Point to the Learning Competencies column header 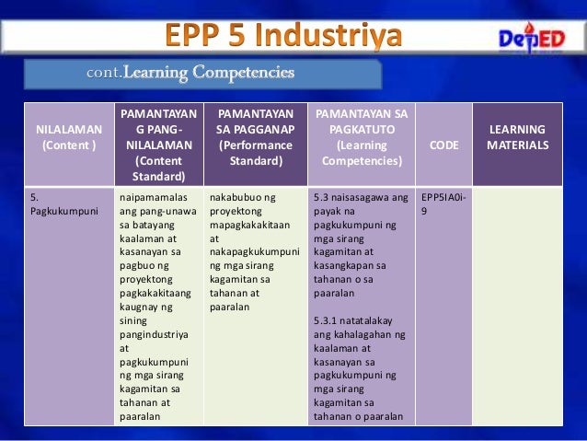coord(361,137)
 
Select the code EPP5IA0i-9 coord(442,203)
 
